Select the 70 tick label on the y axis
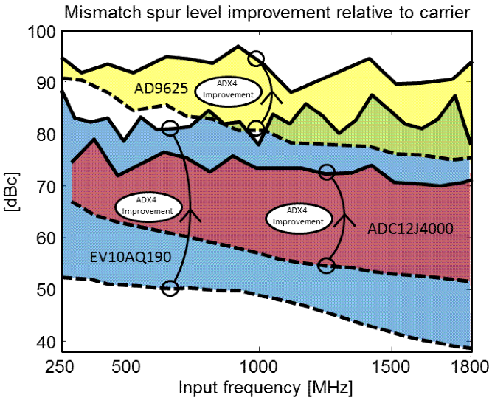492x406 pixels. click(44, 187)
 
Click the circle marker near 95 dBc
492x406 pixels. click(256, 58)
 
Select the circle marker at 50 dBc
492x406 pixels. click(170, 288)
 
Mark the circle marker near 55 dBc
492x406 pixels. click(327, 265)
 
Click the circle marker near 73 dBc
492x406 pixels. click(327, 172)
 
